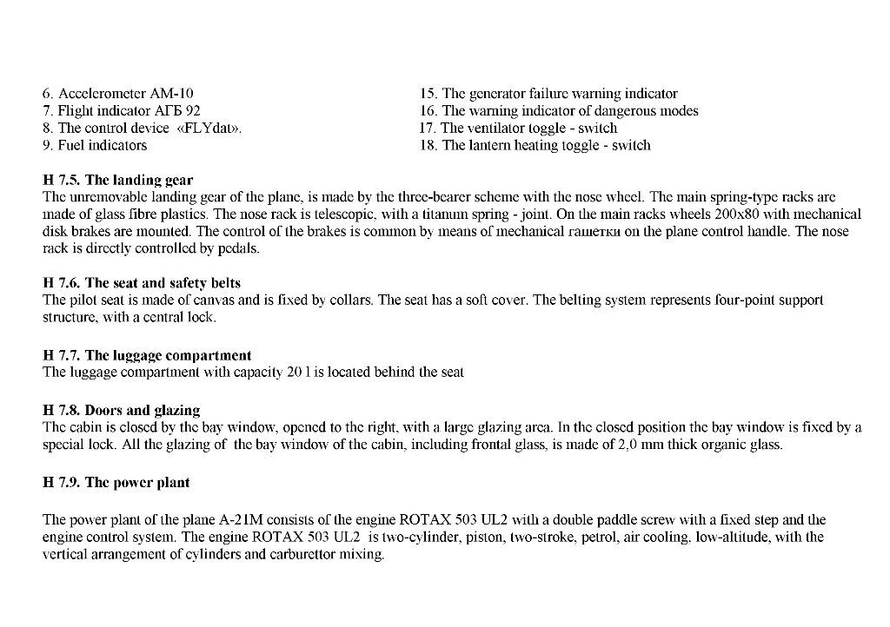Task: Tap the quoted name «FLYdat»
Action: (209, 129)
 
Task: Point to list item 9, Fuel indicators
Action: (95, 146)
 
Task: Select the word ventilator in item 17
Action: (496, 129)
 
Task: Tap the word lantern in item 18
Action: (490, 146)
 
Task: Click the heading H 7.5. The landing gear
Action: (117, 181)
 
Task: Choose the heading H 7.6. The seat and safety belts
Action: (142, 283)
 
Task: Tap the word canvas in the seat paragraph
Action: (202, 300)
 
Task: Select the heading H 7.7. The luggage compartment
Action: (147, 355)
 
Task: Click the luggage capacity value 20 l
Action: (296, 373)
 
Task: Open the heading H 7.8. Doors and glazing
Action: (121, 410)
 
